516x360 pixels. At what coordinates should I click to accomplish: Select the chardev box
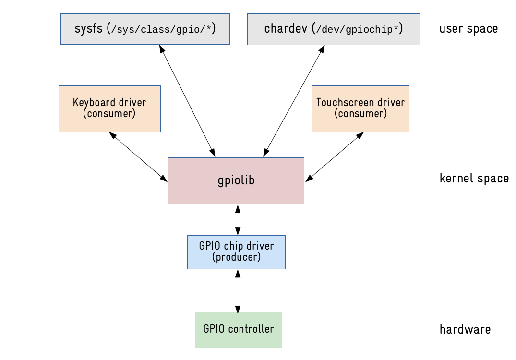coord(333,29)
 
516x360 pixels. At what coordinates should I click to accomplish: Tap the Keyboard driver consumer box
coord(109,108)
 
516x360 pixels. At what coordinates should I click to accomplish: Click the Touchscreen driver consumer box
coord(360,108)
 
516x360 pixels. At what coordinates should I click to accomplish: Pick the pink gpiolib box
coord(236,180)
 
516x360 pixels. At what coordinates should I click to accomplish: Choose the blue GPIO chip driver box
coord(236,252)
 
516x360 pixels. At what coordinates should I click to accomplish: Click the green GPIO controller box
coord(238,329)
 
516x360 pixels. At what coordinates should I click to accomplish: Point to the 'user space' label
coord(468,29)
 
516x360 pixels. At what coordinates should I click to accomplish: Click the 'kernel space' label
coord(474,179)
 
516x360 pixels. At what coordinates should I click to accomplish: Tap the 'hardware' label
coord(465,330)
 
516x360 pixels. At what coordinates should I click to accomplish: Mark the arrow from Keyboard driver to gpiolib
coord(138,157)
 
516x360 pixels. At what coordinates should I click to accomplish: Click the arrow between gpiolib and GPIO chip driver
coord(238,220)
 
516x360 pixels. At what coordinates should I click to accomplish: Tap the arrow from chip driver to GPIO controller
coord(238,290)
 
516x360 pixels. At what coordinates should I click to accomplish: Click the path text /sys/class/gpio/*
coord(162,29)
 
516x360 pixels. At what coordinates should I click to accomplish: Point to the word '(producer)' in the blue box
coord(236,258)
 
